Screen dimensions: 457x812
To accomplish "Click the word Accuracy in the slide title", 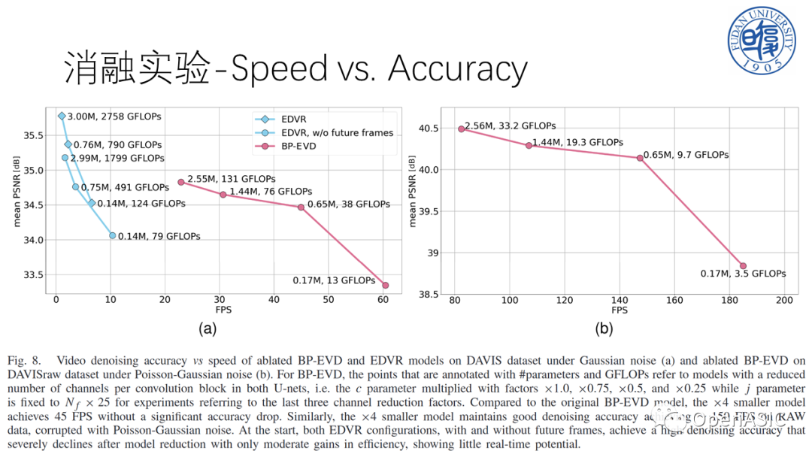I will (457, 70).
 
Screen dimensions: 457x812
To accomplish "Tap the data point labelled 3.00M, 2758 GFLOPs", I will (62, 116).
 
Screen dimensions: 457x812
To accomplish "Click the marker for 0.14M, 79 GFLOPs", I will (113, 235).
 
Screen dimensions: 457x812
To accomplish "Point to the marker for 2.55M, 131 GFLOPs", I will (180, 182).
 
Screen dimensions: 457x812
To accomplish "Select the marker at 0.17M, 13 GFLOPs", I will (386, 285).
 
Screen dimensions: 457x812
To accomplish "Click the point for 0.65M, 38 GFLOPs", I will (301, 207).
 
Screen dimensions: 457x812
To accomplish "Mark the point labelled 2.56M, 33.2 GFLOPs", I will (462, 129).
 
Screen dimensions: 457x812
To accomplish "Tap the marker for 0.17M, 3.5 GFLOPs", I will (743, 265).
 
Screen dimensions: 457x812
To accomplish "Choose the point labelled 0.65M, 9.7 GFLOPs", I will (640, 158).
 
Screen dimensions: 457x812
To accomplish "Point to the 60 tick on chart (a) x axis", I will (384, 301).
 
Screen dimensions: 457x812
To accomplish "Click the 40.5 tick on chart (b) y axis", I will (429, 129).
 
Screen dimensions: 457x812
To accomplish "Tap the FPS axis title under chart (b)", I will (619, 310).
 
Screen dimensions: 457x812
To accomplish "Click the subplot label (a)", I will (208, 328).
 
